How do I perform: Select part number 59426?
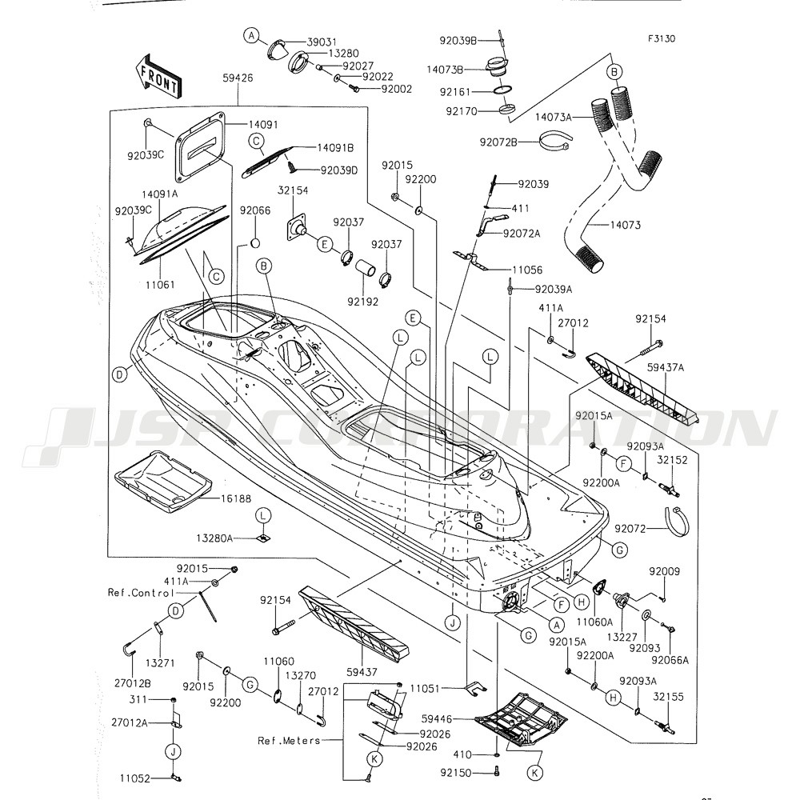tap(239, 78)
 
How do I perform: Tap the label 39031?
tap(323, 42)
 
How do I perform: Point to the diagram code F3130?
tap(662, 38)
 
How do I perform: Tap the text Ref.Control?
tap(141, 593)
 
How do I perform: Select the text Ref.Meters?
tap(289, 741)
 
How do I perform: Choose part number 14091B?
tap(336, 148)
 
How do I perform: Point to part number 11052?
tap(137, 777)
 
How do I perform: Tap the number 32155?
tap(668, 697)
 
